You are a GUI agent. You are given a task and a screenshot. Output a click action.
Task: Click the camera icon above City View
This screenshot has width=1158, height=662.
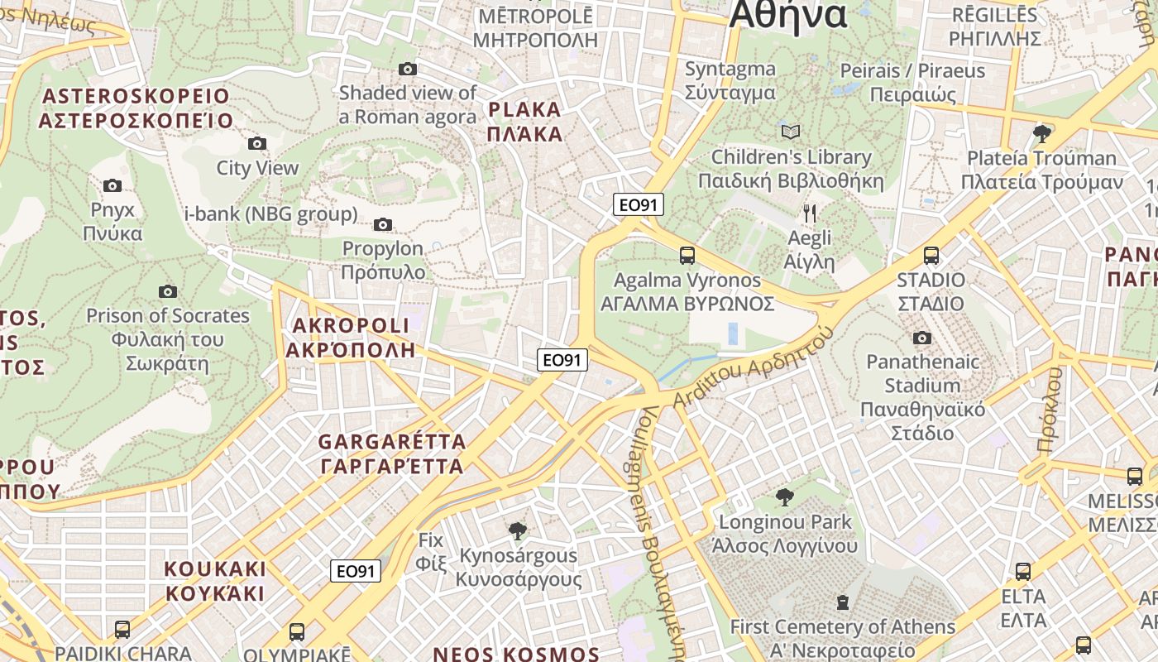(x=257, y=143)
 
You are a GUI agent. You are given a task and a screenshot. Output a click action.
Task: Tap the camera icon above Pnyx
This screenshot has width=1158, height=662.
(x=112, y=185)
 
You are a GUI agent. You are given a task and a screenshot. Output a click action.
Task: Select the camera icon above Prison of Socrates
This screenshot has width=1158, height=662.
(x=168, y=291)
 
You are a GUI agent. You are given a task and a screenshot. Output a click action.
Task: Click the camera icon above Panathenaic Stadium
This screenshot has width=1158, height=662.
(x=922, y=338)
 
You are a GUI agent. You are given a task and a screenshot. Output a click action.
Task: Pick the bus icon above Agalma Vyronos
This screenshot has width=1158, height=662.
(x=687, y=256)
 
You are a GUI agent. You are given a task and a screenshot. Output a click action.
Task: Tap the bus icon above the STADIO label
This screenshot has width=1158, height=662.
(x=931, y=256)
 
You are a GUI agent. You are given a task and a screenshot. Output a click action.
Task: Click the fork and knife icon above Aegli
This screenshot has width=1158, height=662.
(x=810, y=213)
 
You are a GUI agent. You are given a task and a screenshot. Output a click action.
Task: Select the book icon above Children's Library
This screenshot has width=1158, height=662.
(x=791, y=132)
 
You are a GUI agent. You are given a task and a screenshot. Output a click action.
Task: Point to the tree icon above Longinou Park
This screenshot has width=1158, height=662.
(x=784, y=497)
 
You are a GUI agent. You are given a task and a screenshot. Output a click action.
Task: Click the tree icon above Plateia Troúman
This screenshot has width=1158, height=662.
(x=1043, y=133)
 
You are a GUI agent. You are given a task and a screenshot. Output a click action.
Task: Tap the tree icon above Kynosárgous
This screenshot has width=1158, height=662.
(x=518, y=530)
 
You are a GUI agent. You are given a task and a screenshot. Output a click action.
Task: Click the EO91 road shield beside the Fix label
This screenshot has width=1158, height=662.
(x=356, y=571)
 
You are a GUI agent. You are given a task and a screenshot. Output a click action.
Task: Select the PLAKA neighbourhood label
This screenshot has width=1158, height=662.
(x=524, y=121)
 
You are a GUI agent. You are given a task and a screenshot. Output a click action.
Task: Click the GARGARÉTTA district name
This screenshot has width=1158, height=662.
(x=392, y=453)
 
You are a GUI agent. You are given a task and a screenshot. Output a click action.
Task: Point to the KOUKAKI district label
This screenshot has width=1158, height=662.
(x=215, y=581)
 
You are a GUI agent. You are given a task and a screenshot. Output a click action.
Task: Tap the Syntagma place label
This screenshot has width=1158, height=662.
(x=730, y=80)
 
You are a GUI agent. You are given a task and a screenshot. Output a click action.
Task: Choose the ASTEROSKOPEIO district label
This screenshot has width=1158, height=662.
(x=136, y=108)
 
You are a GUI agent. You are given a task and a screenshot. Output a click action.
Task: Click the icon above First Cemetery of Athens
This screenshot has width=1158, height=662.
(x=842, y=602)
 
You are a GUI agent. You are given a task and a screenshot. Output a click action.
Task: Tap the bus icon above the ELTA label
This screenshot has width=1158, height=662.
(x=1023, y=571)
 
